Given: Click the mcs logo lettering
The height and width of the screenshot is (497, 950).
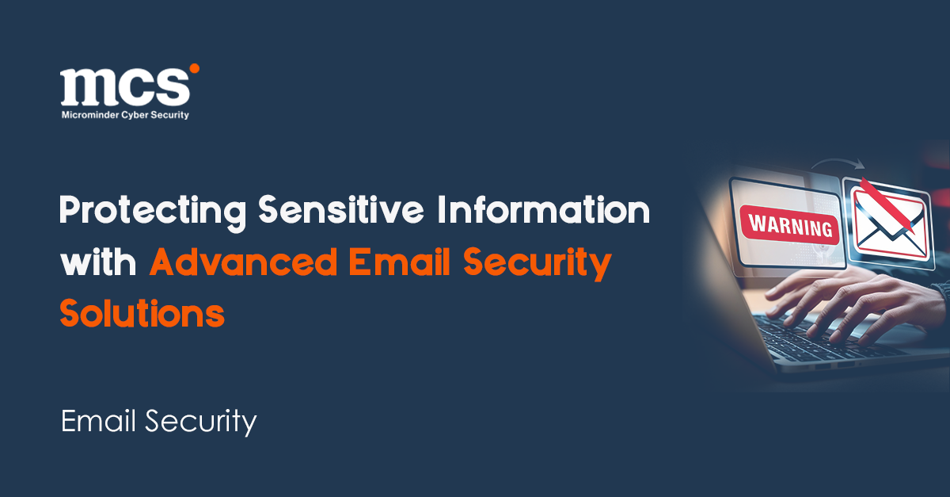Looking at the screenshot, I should coord(124,86).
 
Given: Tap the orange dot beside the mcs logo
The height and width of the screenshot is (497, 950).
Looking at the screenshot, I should coord(194,70).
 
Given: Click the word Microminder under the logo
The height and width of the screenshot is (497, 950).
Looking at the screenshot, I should coord(89,115).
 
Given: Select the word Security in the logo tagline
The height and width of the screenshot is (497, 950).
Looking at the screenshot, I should coord(168,115).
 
